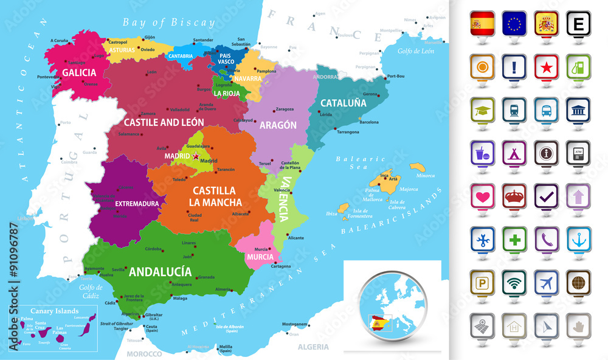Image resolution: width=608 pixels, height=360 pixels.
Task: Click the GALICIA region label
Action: [x=79, y=72]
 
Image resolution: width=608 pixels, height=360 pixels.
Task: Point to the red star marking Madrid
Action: [x=196, y=156]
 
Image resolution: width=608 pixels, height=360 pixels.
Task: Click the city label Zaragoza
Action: [x=285, y=109]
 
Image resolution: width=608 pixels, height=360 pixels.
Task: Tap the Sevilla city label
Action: [x=119, y=269]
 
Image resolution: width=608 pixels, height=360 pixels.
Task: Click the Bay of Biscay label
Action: [x=168, y=22]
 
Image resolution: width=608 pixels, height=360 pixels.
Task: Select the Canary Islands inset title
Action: [x=41, y=311]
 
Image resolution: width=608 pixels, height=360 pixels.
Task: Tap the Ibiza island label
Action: [x=331, y=213]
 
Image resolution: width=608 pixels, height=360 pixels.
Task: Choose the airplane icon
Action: [x=545, y=281]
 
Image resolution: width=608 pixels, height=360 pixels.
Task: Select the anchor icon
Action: [x=577, y=238]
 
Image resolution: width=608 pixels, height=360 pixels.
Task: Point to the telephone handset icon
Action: [x=545, y=238]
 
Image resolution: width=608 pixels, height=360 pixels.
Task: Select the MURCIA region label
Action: [x=260, y=257]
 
